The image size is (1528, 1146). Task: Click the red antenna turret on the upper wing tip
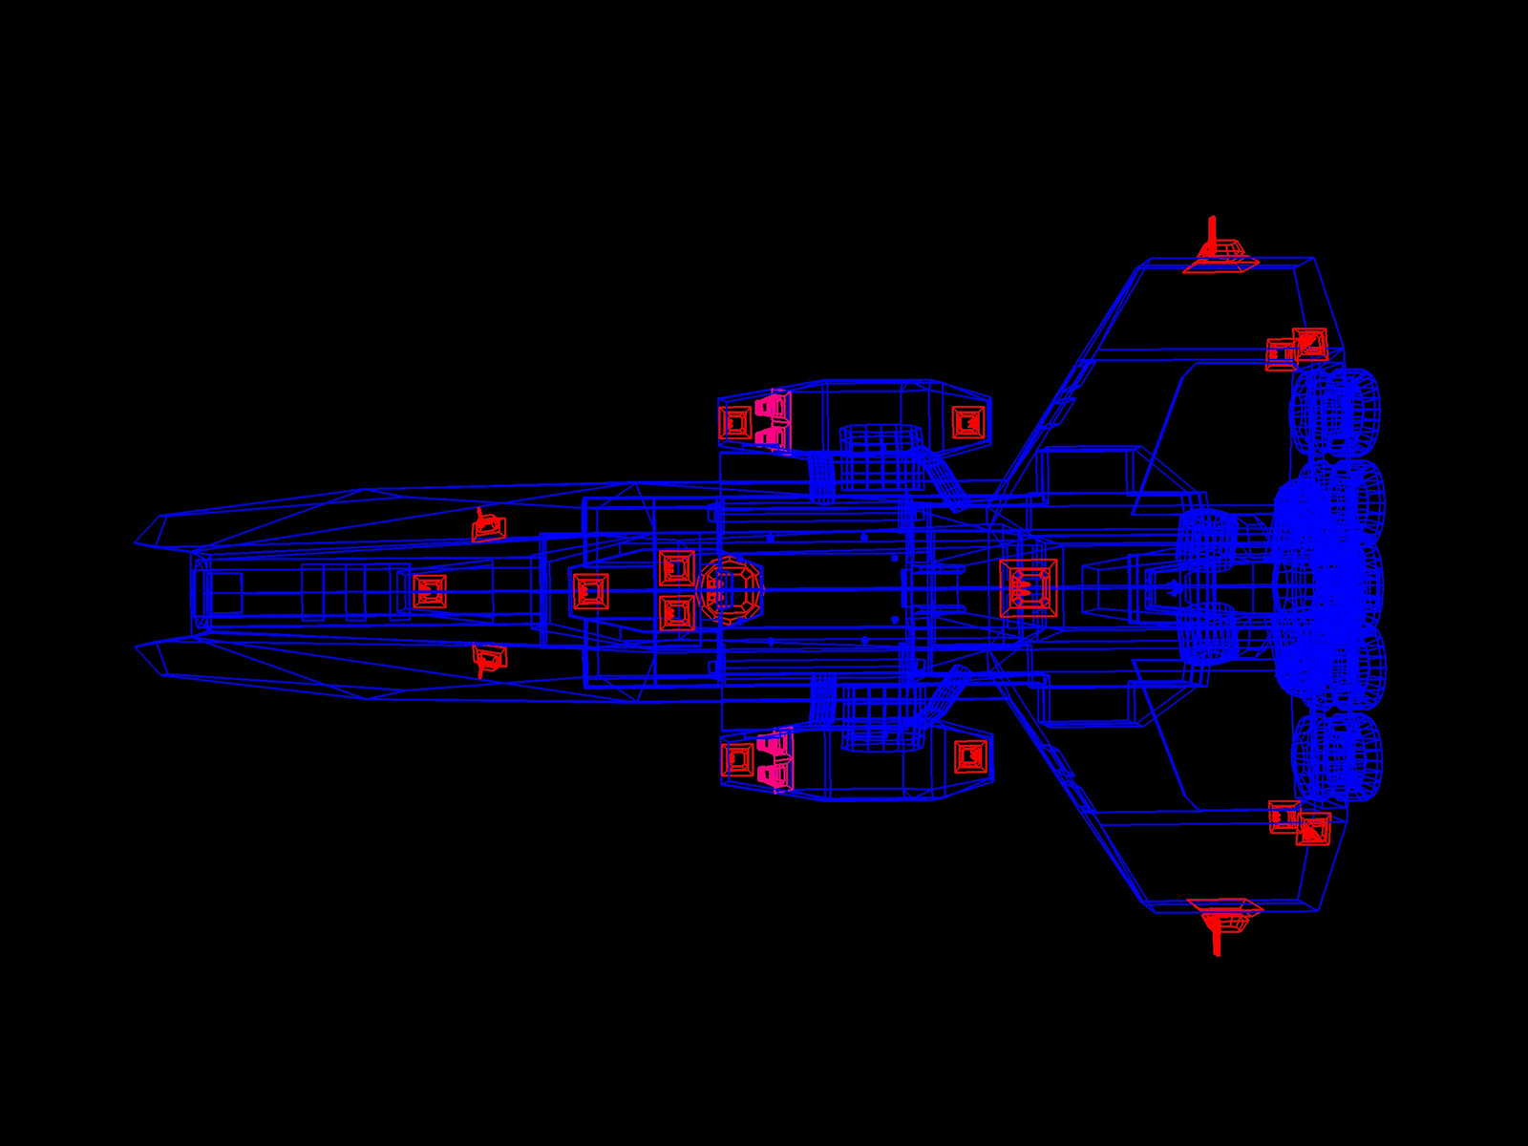click(1220, 254)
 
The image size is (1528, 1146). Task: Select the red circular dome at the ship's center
click(731, 590)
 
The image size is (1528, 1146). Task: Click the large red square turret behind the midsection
click(1029, 588)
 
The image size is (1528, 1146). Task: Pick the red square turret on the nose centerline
click(430, 591)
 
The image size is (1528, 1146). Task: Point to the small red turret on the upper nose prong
click(488, 526)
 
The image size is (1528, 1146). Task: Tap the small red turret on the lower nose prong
click(489, 658)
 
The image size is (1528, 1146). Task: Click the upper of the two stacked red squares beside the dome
click(677, 568)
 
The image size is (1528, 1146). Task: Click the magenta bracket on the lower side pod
click(775, 761)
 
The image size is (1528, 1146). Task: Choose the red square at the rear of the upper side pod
click(968, 422)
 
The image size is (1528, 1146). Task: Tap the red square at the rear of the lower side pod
click(970, 757)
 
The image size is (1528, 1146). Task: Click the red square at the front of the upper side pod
click(735, 422)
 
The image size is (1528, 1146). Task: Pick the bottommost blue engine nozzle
click(1337, 756)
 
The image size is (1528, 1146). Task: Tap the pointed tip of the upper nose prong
click(137, 543)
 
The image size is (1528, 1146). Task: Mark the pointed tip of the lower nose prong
click(137, 647)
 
